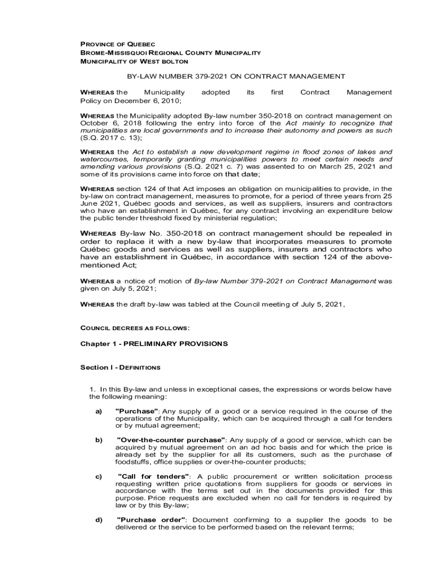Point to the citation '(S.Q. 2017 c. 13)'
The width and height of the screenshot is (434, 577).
pyautogui.click(x=110, y=137)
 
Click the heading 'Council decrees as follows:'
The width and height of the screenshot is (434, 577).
pyautogui.click(x=135, y=327)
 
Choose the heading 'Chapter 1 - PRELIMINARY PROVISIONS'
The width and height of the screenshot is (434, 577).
pyautogui.click(x=154, y=343)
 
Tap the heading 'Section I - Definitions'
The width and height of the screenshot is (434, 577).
pyautogui.click(x=120, y=367)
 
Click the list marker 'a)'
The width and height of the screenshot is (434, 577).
pyautogui.click(x=99, y=411)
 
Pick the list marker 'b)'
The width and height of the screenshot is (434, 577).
pyautogui.click(x=99, y=439)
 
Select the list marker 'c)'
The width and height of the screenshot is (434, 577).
pyautogui.click(x=99, y=477)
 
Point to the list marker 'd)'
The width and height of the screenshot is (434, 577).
pyautogui.click(x=99, y=520)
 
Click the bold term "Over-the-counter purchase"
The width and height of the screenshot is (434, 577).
pyautogui.click(x=171, y=439)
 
